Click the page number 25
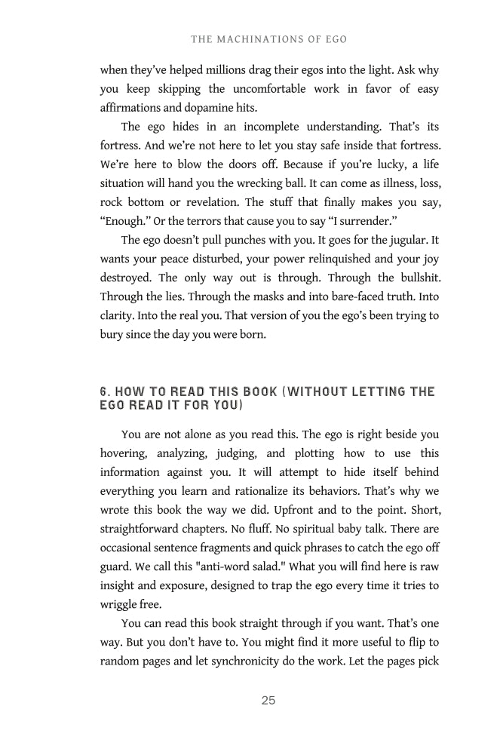pyautogui.click(x=268, y=701)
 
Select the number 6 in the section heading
pyautogui.click(x=104, y=391)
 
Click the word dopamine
pyautogui.click(x=202, y=107)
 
